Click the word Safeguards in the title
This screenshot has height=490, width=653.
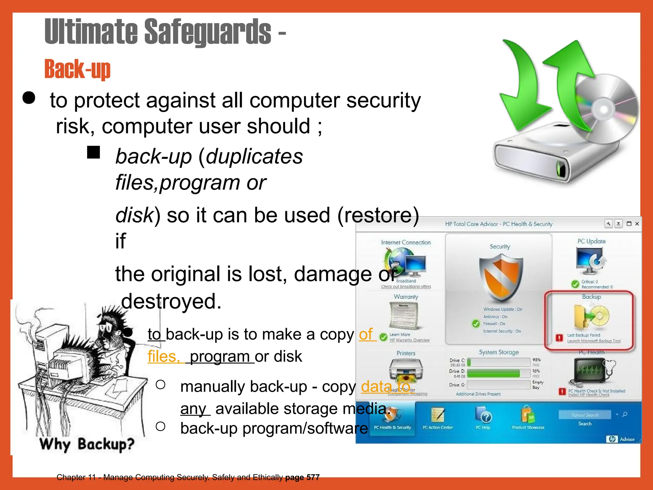click(208, 32)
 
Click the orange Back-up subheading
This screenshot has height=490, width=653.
click(77, 69)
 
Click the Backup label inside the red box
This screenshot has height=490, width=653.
click(591, 297)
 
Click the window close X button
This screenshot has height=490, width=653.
click(637, 224)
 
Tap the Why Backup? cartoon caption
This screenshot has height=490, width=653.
click(87, 444)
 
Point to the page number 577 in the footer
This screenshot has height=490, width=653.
click(313, 477)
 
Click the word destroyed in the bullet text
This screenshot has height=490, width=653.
click(171, 301)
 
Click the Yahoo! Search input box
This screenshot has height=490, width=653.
click(585, 415)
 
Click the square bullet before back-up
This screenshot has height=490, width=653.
click(93, 152)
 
